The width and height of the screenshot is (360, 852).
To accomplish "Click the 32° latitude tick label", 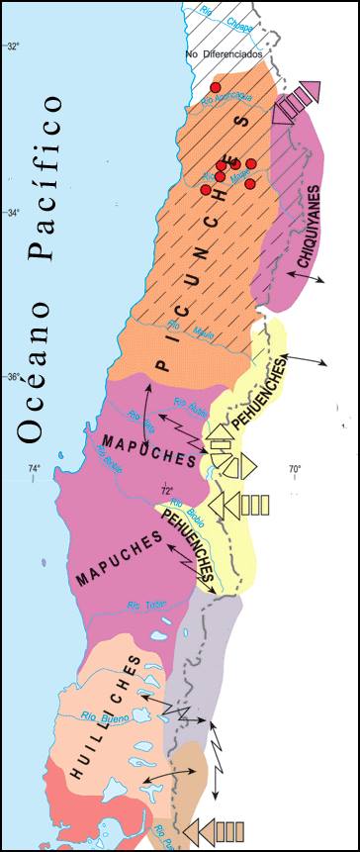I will pyautogui.click(x=13, y=47).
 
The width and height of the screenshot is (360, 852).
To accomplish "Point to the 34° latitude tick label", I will pyautogui.click(x=13, y=212).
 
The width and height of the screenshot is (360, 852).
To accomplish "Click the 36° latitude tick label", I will pyautogui.click(x=13, y=376).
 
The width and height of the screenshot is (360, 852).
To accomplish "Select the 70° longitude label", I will pyautogui.click(x=295, y=468).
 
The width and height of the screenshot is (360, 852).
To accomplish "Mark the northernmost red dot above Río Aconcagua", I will pyautogui.click(x=215, y=87).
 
